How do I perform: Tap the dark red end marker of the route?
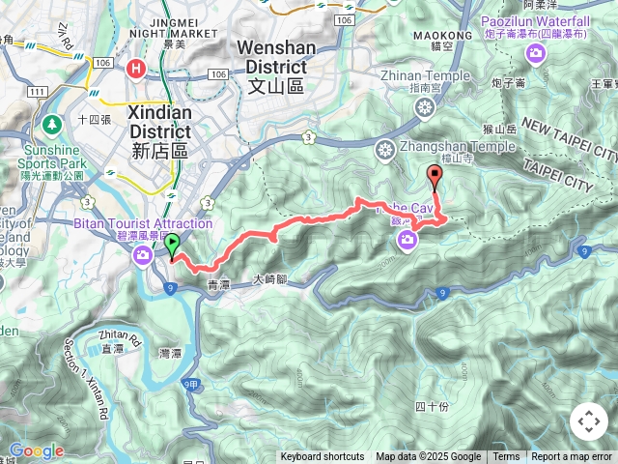pos(435,176)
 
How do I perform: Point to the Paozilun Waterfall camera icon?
pos(535,54)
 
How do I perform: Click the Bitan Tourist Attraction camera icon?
pos(144,255)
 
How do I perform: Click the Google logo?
pos(36,450)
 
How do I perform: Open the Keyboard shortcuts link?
pos(323,457)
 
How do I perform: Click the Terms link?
pos(506,457)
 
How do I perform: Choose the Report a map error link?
pos(572,457)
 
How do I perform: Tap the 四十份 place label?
pos(432,405)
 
